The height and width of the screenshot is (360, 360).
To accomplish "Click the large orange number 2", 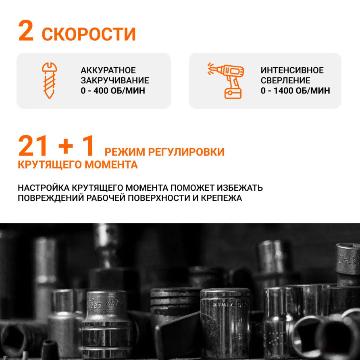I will coord(26,32).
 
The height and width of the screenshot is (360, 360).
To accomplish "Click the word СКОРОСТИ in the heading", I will coord(89,35).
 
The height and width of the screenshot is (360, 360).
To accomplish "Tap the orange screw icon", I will coord(50,81).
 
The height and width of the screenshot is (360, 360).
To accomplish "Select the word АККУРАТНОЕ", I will coord(108,71).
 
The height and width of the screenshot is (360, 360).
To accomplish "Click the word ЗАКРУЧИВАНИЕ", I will coord(114,81).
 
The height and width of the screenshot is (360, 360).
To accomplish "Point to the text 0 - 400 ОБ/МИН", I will coord(112,91).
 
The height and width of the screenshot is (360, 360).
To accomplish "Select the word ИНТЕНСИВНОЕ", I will coord(292,71).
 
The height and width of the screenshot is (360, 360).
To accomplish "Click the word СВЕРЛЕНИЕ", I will coord(285,81).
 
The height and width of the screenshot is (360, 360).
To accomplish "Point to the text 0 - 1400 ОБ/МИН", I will coord(295,91).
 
